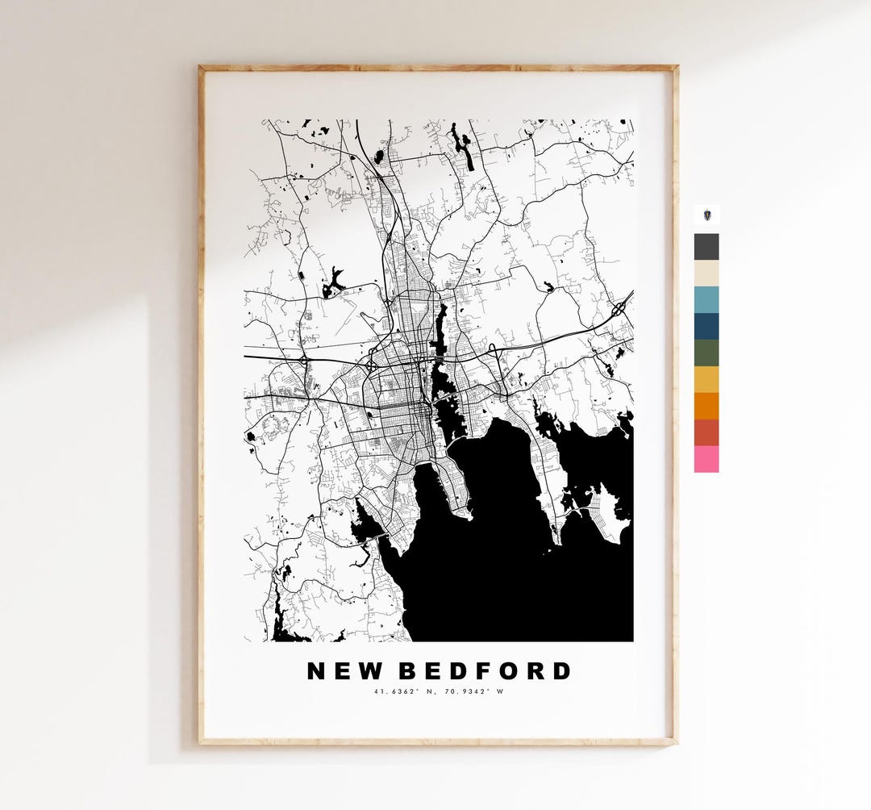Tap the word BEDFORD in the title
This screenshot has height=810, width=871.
click(486, 671)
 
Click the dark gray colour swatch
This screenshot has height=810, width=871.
click(706, 246)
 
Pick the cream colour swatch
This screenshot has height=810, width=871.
click(706, 273)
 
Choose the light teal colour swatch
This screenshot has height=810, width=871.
click(706, 299)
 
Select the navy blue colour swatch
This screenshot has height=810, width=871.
click(706, 326)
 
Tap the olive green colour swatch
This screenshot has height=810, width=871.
click(706, 353)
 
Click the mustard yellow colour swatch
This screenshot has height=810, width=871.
click(706, 379)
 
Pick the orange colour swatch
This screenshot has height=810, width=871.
click(706, 406)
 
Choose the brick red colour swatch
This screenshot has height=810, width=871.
click(706, 432)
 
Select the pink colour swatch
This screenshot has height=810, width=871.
click(706, 459)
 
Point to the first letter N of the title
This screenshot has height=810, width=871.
click(316, 671)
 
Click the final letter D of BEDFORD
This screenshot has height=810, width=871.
click(561, 671)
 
